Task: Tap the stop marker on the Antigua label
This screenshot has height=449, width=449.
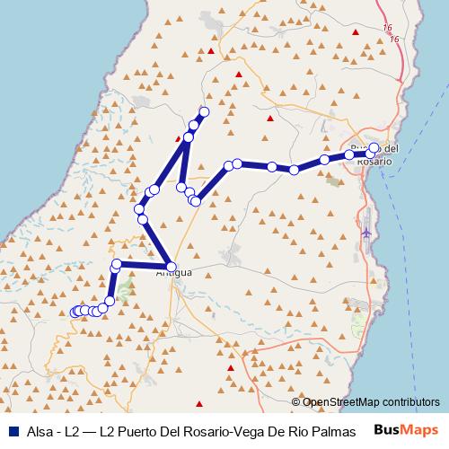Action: tap(172, 267)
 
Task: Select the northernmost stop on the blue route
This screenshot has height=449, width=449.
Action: tap(204, 111)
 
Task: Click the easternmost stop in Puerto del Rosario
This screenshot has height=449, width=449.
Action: tap(374, 148)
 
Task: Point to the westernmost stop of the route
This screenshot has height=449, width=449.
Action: tap(75, 313)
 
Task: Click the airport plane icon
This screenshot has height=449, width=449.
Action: tap(366, 234)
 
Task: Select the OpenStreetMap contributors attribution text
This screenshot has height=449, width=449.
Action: tap(371, 401)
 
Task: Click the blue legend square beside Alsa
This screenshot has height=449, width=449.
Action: tap(9, 430)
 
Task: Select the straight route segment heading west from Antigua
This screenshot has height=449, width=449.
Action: tap(144, 264)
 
